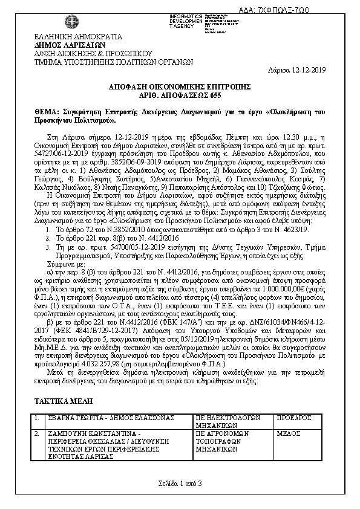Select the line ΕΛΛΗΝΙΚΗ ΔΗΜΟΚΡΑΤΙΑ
click(70, 36)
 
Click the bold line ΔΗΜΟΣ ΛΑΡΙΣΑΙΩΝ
click(71, 44)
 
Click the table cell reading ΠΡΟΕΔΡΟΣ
click(294, 418)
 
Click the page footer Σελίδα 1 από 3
click(180, 482)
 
